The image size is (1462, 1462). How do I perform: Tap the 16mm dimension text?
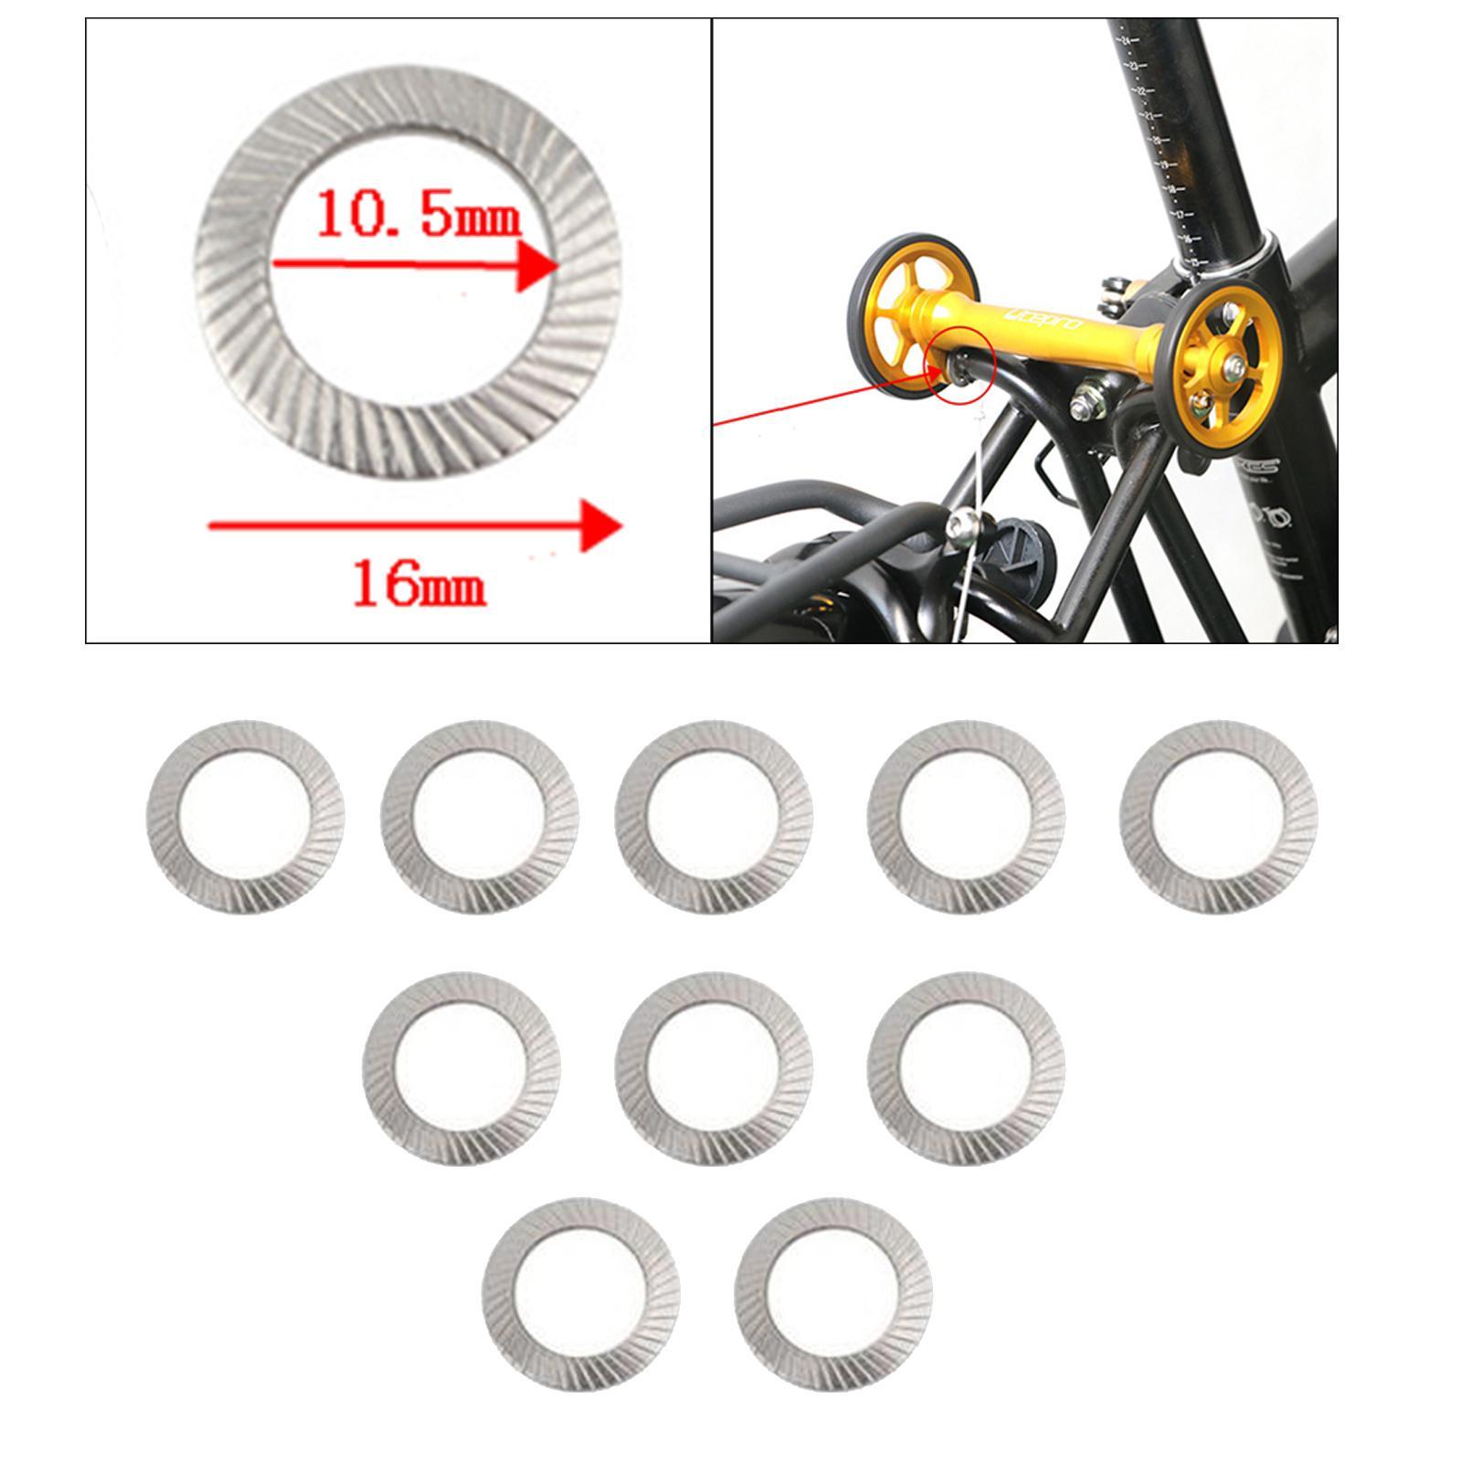click(x=418, y=584)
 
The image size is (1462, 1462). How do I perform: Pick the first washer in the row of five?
click(x=245, y=816)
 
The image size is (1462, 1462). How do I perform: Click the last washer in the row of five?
click(x=1219, y=816)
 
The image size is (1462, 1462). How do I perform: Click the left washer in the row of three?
click(x=461, y=1067)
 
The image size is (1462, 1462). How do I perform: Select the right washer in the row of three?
click(x=966, y=1067)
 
